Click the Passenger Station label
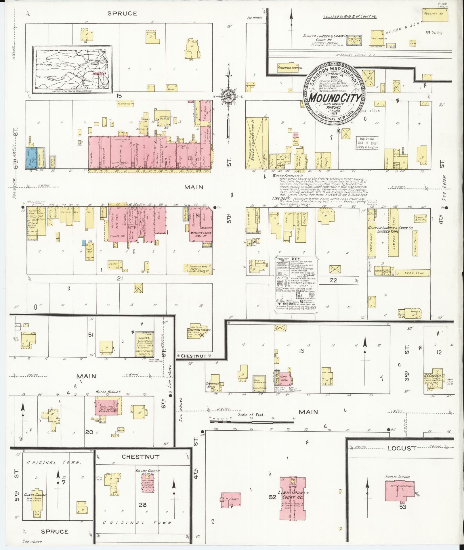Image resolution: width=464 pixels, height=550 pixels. pyautogui.click(x=290, y=68)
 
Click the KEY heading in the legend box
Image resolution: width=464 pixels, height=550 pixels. pyautogui.click(x=296, y=259)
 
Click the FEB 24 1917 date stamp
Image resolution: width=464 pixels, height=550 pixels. pyautogui.click(x=434, y=32)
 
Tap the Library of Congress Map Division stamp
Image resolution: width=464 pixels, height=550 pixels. pyautogui.click(x=367, y=143)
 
